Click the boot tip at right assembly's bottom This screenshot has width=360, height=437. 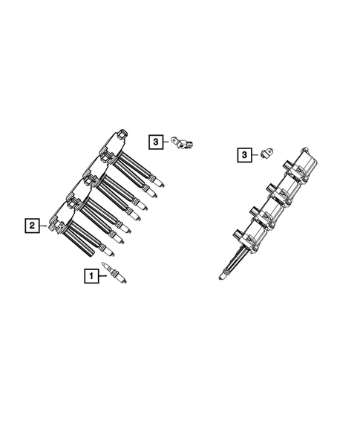[x=222, y=277]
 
